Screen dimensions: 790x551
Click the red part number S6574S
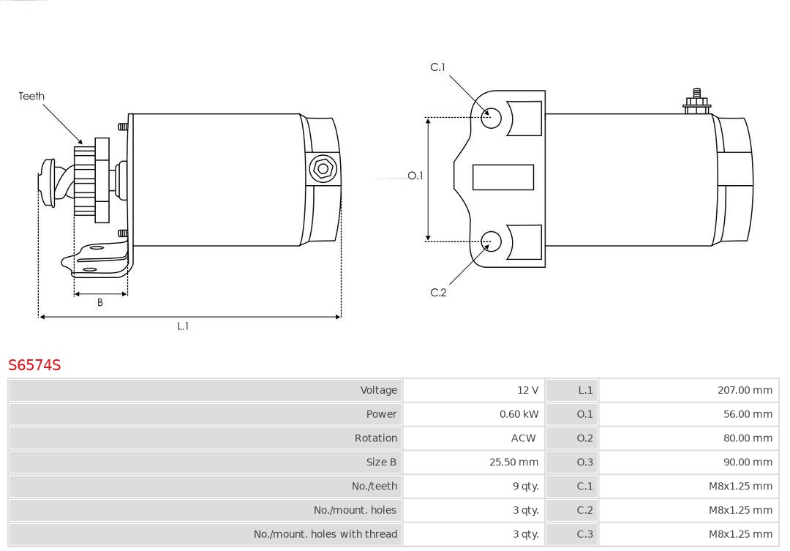[34, 364]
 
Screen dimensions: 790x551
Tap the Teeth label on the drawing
[31, 97]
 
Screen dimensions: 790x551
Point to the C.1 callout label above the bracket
[438, 67]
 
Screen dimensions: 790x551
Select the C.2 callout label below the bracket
[438, 293]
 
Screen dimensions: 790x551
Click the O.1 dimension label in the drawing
[415, 176]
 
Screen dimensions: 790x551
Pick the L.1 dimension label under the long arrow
[183, 326]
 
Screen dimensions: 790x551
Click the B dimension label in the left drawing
[100, 302]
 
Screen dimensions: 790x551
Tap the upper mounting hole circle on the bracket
[491, 118]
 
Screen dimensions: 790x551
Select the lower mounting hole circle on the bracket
[491, 241]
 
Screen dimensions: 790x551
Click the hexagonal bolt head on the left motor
[323, 169]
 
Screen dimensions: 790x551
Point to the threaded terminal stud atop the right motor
[697, 101]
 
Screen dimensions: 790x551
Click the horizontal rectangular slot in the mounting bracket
[503, 178]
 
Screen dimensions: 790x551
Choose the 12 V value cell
[527, 390]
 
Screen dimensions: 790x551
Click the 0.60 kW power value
[519, 414]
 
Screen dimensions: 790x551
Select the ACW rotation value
[524, 438]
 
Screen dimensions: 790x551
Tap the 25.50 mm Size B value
[514, 462]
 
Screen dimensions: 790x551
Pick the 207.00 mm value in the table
[745, 390]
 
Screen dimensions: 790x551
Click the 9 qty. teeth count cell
[525, 486]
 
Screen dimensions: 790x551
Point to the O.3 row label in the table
[584, 462]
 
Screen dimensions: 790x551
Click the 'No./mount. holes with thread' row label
[326, 534]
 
